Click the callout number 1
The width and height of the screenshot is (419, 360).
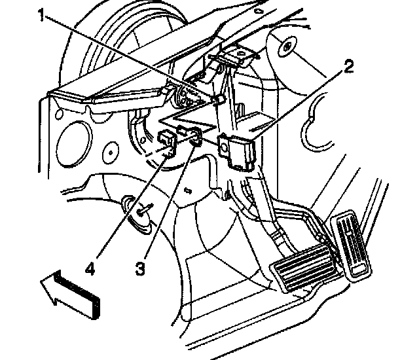tap(41, 14)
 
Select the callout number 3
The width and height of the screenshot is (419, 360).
tap(141, 268)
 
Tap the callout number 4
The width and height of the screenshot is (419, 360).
tap(90, 268)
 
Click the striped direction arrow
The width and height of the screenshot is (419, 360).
tap(71, 295)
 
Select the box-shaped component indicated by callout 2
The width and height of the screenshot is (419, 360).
tap(236, 152)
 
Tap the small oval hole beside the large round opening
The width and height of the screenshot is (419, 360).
tap(111, 153)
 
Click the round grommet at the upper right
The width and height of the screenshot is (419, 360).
tap(287, 46)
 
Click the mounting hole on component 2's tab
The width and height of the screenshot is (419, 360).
tap(224, 147)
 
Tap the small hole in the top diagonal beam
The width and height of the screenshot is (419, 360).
tap(257, 11)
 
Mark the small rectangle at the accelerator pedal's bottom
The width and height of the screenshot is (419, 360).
tap(358, 271)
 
